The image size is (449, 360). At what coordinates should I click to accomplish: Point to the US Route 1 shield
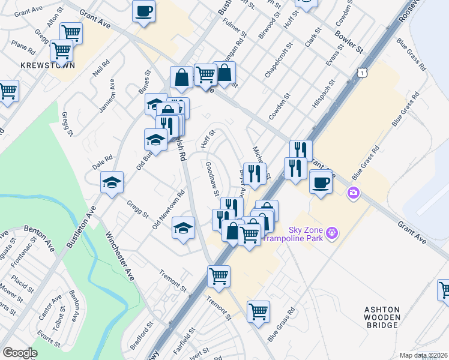[x=361, y=71]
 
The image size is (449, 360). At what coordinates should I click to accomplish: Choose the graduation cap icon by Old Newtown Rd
[x=184, y=227]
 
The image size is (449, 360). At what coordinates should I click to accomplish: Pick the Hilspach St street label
[x=322, y=93]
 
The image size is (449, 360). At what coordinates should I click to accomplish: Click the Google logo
[x=20, y=353]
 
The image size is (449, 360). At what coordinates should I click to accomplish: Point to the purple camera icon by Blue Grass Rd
[x=353, y=192]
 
